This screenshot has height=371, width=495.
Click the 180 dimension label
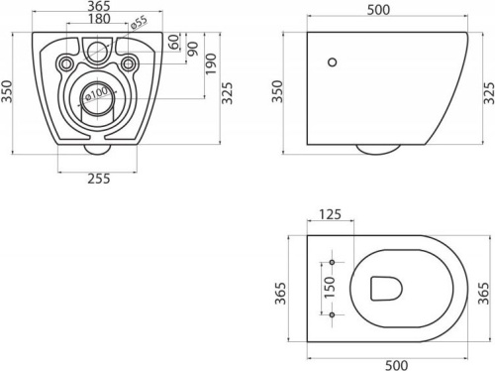[99, 19]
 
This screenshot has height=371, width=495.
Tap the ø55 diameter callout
[139, 23]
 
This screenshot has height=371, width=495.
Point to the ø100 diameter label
[96, 93]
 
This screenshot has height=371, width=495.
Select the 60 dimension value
[174, 42]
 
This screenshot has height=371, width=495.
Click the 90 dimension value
[193, 49]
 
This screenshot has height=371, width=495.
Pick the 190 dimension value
[211, 63]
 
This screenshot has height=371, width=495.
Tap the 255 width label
[99, 179]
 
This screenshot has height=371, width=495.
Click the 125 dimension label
[330, 214]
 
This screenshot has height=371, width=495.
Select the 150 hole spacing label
[330, 288]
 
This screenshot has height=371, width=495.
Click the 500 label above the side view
[378, 10]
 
